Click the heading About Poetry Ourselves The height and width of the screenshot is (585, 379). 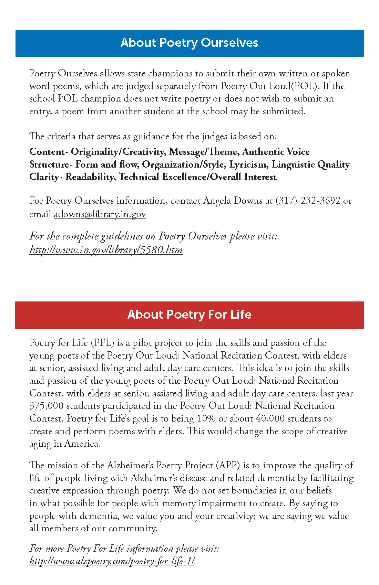click(x=189, y=43)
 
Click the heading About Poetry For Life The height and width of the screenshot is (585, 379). click(x=189, y=315)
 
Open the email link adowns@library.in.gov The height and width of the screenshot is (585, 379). click(x=100, y=214)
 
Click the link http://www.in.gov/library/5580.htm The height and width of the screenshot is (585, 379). click(x=106, y=249)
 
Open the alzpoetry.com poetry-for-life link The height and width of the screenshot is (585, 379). click(x=112, y=561)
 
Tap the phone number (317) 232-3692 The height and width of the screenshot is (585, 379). click(x=308, y=201)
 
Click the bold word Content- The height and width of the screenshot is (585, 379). click(x=49, y=152)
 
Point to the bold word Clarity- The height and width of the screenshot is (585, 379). click(x=46, y=177)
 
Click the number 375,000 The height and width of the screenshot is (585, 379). click(x=46, y=406)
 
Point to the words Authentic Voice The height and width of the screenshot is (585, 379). click(x=276, y=152)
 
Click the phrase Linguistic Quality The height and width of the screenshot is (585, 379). click(x=310, y=164)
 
